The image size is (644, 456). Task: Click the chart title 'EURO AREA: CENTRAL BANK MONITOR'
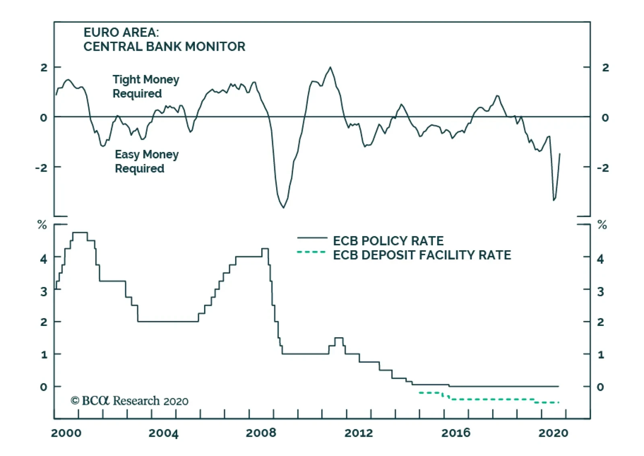(164, 39)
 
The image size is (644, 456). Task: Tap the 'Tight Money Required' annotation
(145, 86)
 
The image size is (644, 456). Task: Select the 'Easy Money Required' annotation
(147, 161)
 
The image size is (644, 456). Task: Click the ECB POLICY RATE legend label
(388, 241)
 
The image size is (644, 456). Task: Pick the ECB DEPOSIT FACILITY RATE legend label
(422, 255)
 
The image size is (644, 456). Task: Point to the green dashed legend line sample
(311, 253)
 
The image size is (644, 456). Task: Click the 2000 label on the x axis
(66, 433)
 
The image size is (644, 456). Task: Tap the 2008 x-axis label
(261, 433)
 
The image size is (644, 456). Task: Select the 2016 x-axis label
(456, 433)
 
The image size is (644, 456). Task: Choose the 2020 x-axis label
(553, 433)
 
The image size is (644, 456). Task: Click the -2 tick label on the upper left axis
(41, 168)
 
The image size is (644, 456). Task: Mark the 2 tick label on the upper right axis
(605, 68)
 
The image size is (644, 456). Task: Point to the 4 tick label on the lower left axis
(44, 259)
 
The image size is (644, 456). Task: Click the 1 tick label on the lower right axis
(601, 355)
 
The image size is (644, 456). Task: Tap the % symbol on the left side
(42, 225)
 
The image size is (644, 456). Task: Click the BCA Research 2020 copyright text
(129, 401)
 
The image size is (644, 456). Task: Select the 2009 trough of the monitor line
(284, 207)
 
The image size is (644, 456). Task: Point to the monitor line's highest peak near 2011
(330, 67)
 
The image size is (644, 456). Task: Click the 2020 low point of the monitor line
(554, 200)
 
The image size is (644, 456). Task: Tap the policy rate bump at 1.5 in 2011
(339, 338)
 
